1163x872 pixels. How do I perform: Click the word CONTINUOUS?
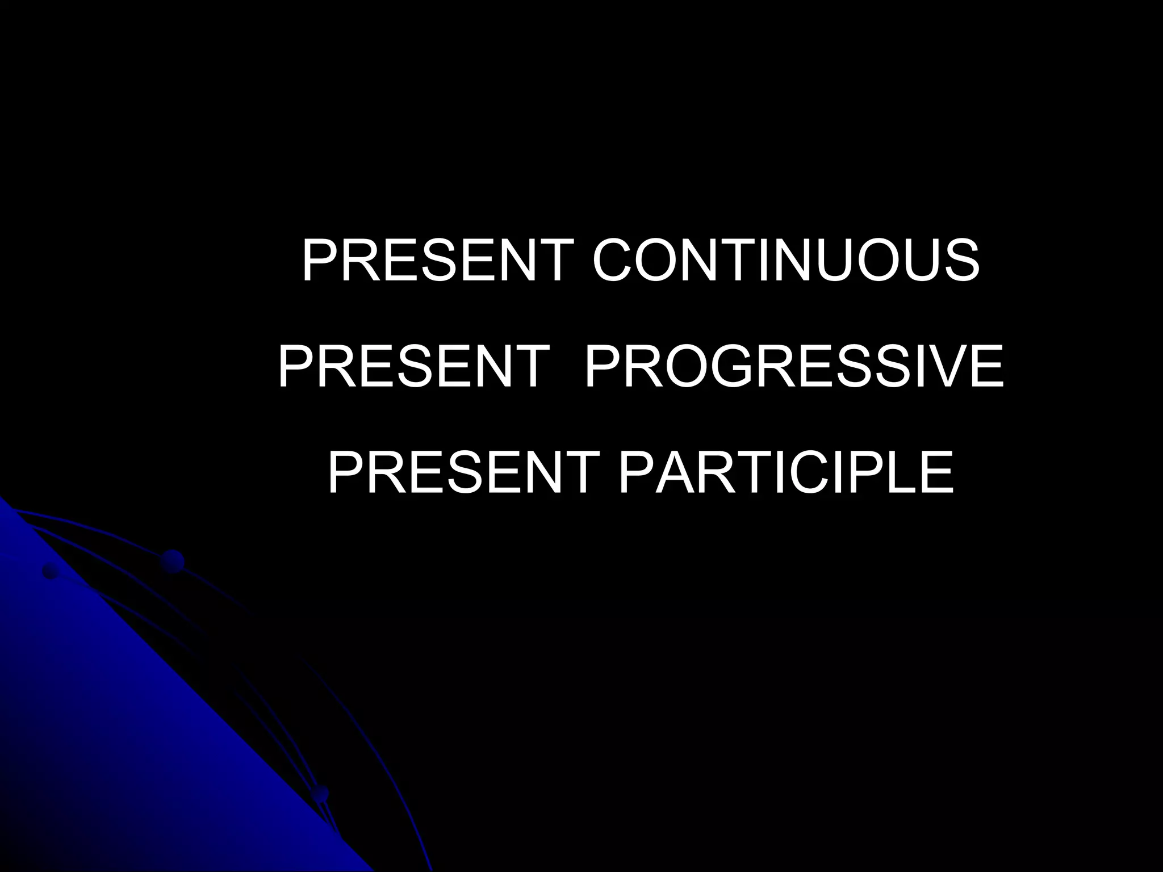click(x=786, y=261)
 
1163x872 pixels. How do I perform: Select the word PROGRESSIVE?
click(x=793, y=368)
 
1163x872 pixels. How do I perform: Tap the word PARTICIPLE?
click(x=785, y=472)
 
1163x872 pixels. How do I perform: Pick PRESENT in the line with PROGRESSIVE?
click(x=413, y=368)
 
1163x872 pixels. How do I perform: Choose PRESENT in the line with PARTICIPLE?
click(x=463, y=472)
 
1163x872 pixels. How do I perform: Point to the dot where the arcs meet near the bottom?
click(x=321, y=793)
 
